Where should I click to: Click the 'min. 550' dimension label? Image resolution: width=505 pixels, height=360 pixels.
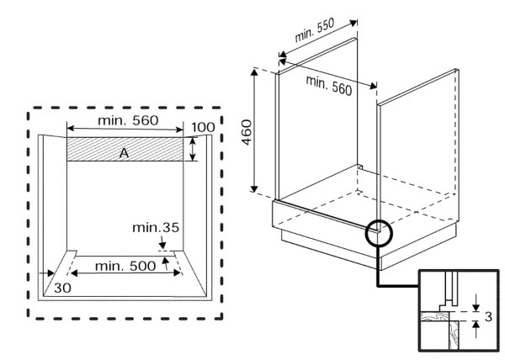point(315,29)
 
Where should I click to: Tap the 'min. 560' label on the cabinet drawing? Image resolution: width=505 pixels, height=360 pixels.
point(329,85)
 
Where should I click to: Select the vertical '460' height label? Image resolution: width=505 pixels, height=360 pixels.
point(247,132)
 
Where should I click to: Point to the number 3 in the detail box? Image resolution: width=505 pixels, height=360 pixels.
point(488,317)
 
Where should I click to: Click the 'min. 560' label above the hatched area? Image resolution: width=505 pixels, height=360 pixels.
point(128,120)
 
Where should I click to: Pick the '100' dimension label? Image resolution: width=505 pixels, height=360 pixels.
point(203,127)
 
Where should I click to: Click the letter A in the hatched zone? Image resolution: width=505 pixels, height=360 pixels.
point(124,153)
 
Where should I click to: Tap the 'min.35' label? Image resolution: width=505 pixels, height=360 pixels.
point(156,228)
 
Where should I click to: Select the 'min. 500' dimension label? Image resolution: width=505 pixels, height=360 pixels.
point(125,266)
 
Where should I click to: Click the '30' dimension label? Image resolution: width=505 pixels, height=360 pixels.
point(62,288)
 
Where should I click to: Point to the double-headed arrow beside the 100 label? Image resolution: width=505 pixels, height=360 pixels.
point(193,149)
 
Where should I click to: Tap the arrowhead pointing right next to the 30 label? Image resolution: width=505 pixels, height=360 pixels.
point(50,273)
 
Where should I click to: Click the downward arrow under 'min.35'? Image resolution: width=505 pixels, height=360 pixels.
point(162,242)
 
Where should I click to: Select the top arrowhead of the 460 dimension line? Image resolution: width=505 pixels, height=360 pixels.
point(254,72)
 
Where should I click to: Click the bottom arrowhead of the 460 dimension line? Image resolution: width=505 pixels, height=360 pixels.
point(254,188)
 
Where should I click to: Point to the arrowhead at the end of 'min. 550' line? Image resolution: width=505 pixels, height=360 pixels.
point(353,23)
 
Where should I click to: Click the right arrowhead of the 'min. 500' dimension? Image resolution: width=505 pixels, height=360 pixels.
point(177,273)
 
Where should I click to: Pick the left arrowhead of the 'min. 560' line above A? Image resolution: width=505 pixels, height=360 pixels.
point(71,129)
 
